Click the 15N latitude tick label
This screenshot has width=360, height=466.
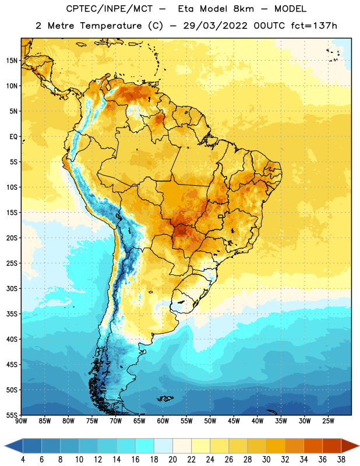point(12,61)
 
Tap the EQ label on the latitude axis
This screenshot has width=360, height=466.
point(13,137)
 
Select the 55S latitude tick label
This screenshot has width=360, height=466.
point(12,415)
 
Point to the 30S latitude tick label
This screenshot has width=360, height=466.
point(12,288)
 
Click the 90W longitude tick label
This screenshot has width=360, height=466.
point(21,421)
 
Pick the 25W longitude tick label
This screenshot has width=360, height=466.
point(328,421)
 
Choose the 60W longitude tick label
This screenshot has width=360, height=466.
point(163,421)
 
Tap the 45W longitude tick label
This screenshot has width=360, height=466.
point(234,421)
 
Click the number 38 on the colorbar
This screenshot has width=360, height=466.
point(341,460)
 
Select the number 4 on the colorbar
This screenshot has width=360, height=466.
point(23,460)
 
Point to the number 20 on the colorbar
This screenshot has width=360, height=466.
point(172,460)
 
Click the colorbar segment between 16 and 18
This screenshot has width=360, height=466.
point(145,446)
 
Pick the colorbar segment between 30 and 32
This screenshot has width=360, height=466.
point(276,446)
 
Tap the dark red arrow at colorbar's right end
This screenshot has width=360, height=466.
point(350,446)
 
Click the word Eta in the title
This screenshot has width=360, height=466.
point(185,9)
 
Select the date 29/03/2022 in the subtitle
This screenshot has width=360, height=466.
point(215,26)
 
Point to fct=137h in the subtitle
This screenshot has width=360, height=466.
point(314,26)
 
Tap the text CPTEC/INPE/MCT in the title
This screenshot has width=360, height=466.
point(109,9)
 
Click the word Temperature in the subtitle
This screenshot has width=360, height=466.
point(111,26)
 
